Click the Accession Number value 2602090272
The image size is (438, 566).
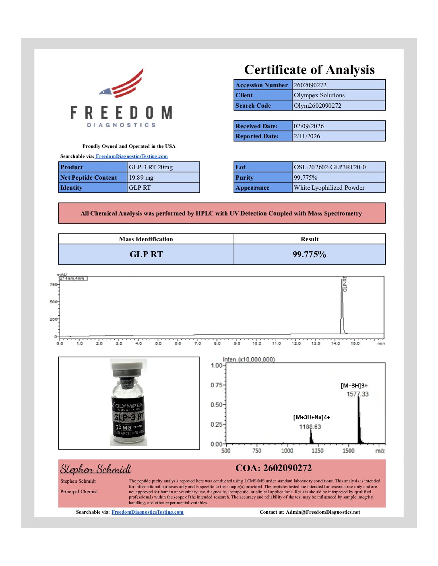310,85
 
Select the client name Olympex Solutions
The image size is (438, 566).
319,95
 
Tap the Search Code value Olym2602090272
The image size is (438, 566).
317,106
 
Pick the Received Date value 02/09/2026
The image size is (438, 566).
308,126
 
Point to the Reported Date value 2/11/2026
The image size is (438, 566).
307,136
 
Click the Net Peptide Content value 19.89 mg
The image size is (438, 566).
141,178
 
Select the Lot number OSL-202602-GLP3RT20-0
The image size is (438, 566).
329,167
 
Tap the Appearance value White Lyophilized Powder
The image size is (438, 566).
329,188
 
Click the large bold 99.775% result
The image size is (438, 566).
309,254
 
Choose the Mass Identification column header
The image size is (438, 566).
146,239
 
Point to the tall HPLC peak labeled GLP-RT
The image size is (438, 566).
342,306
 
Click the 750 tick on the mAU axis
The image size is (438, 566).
53,284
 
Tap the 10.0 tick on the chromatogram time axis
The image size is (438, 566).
256,343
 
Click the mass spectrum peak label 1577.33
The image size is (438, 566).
357,394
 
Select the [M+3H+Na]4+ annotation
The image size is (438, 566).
312,417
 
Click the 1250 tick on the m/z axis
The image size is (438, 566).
317,451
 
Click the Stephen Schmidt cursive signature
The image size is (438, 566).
96,469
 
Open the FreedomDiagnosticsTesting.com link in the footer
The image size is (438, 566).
147,512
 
